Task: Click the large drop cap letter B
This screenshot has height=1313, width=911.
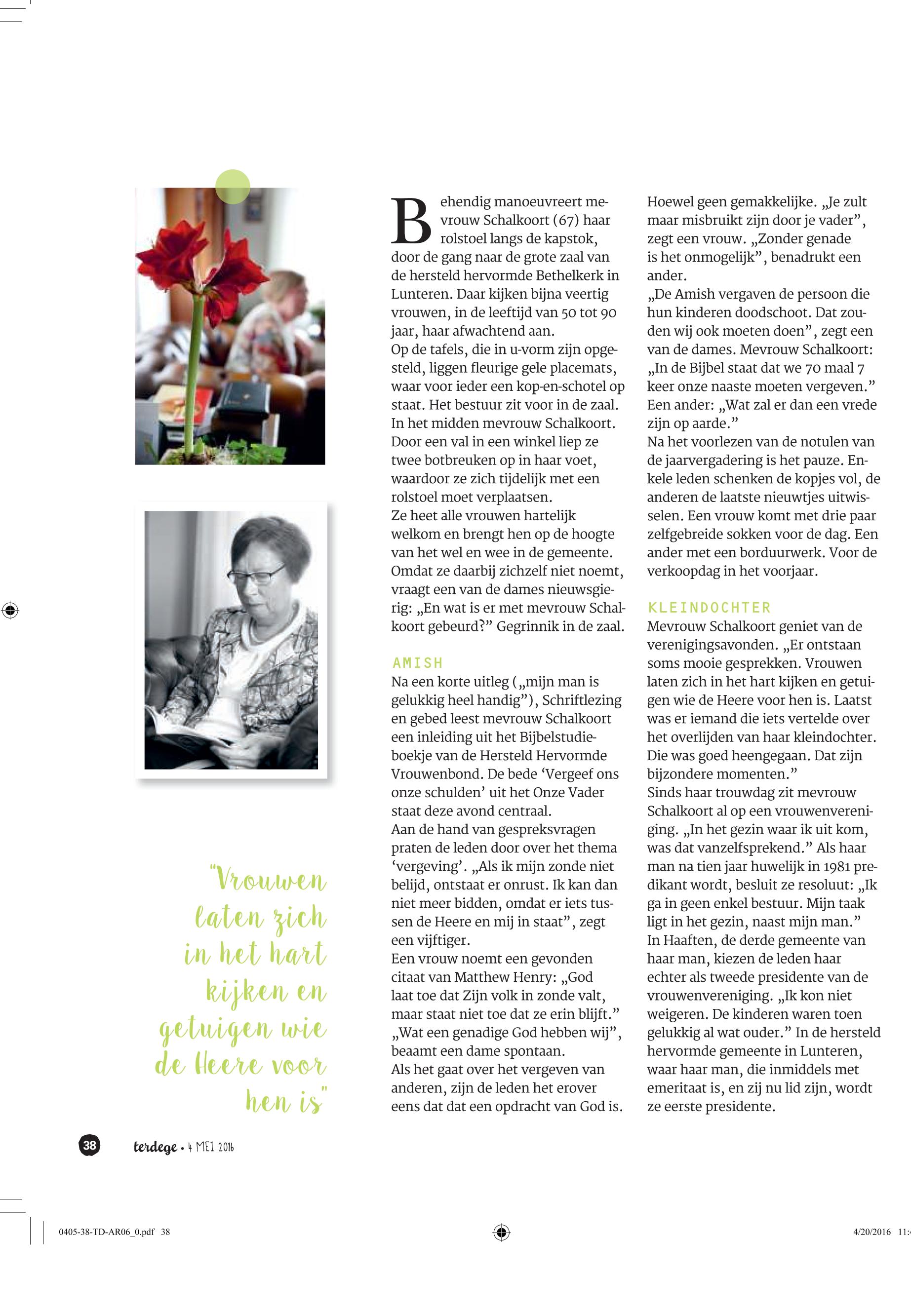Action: point(411,220)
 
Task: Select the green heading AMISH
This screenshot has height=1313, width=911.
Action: point(417,662)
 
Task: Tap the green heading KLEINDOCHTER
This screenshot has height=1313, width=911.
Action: point(709,607)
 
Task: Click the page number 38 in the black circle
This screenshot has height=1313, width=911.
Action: point(89,1145)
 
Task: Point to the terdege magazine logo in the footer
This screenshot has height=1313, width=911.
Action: point(155,1147)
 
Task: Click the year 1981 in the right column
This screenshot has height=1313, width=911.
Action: point(838,866)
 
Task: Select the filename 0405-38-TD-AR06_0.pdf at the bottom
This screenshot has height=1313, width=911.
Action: point(107,1232)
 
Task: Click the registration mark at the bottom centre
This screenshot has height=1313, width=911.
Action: point(501,1232)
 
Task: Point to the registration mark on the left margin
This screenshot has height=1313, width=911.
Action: point(10,611)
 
